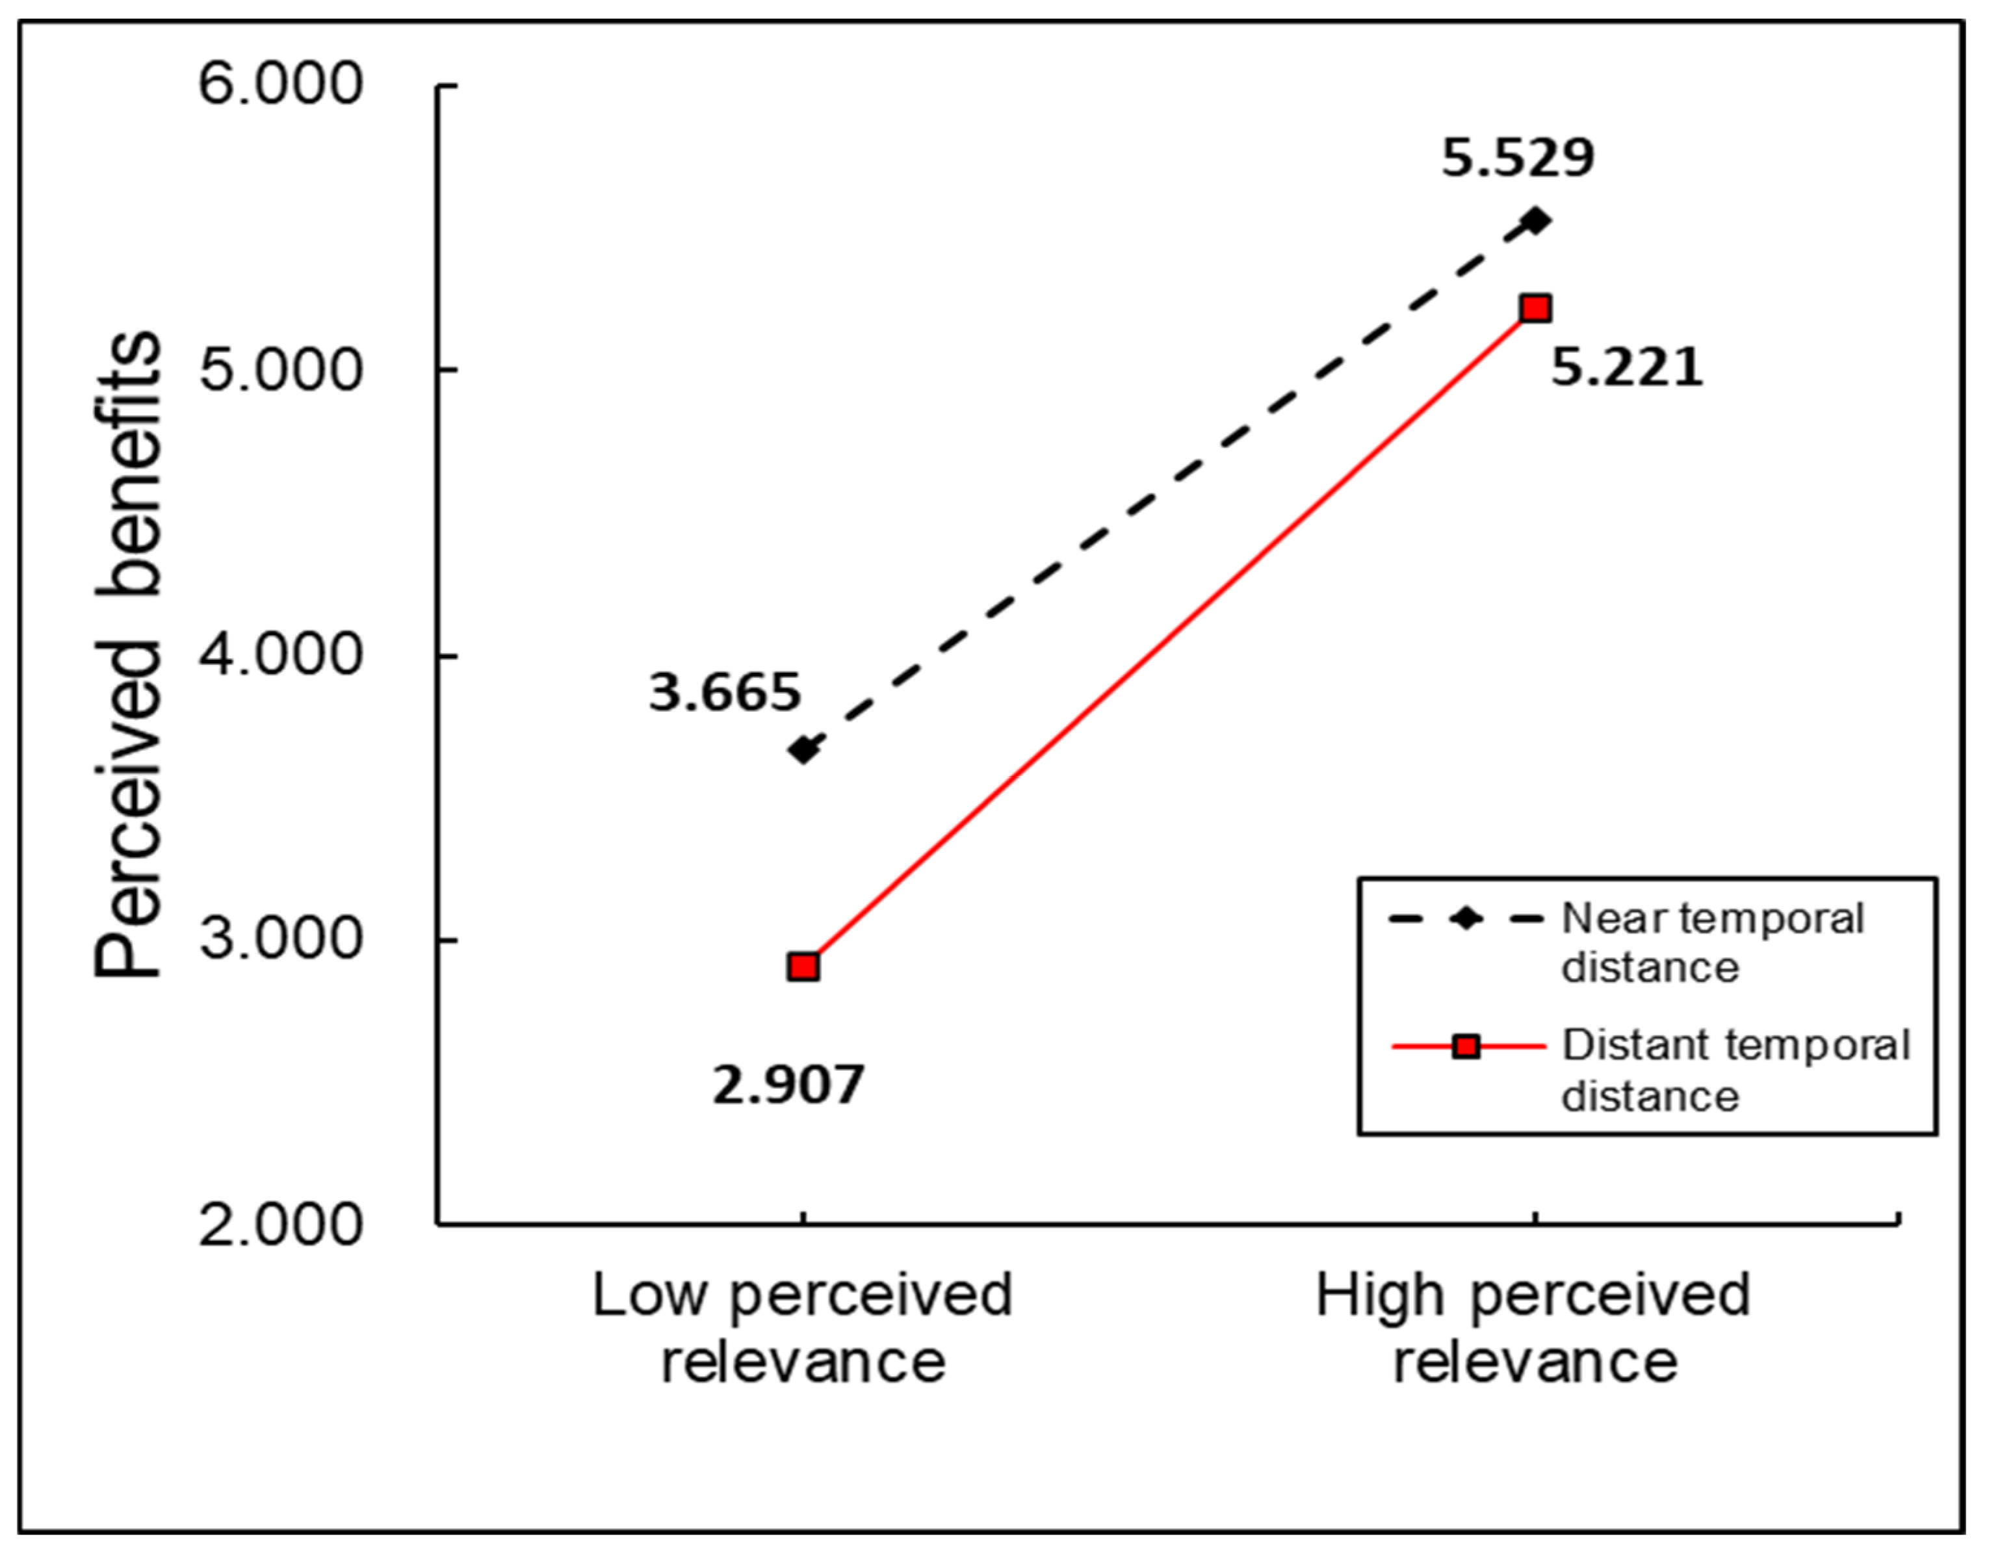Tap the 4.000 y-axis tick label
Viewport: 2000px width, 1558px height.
click(280, 655)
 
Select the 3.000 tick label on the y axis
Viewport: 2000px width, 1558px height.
click(280, 939)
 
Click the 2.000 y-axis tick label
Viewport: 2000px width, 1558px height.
click(280, 1225)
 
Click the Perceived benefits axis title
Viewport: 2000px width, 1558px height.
click(128, 655)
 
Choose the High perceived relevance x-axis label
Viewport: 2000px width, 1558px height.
click(1534, 1328)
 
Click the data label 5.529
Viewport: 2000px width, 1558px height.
click(1518, 157)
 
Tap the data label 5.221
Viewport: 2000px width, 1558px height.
click(1626, 368)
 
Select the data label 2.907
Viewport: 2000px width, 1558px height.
click(788, 1085)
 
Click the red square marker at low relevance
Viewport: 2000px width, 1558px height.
click(803, 967)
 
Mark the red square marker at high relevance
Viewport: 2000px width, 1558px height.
click(1536, 309)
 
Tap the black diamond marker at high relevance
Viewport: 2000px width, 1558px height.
click(1536, 221)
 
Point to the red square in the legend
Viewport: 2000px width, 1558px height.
click(1467, 1046)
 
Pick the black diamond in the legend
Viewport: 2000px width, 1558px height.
click(1467, 918)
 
